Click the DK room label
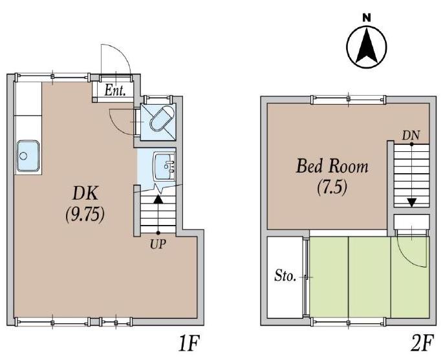85,194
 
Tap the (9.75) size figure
85,215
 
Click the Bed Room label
332,166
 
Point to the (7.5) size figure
332,187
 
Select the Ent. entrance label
115,90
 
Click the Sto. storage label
285,276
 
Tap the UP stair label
158,244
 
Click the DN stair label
411,136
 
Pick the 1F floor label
189,343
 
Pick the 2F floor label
422,343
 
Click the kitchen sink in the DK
28,156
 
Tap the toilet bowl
161,118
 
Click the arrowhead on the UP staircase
158,199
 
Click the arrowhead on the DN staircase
412,202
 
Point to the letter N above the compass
367,18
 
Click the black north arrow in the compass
367,45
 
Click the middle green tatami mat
370,277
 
